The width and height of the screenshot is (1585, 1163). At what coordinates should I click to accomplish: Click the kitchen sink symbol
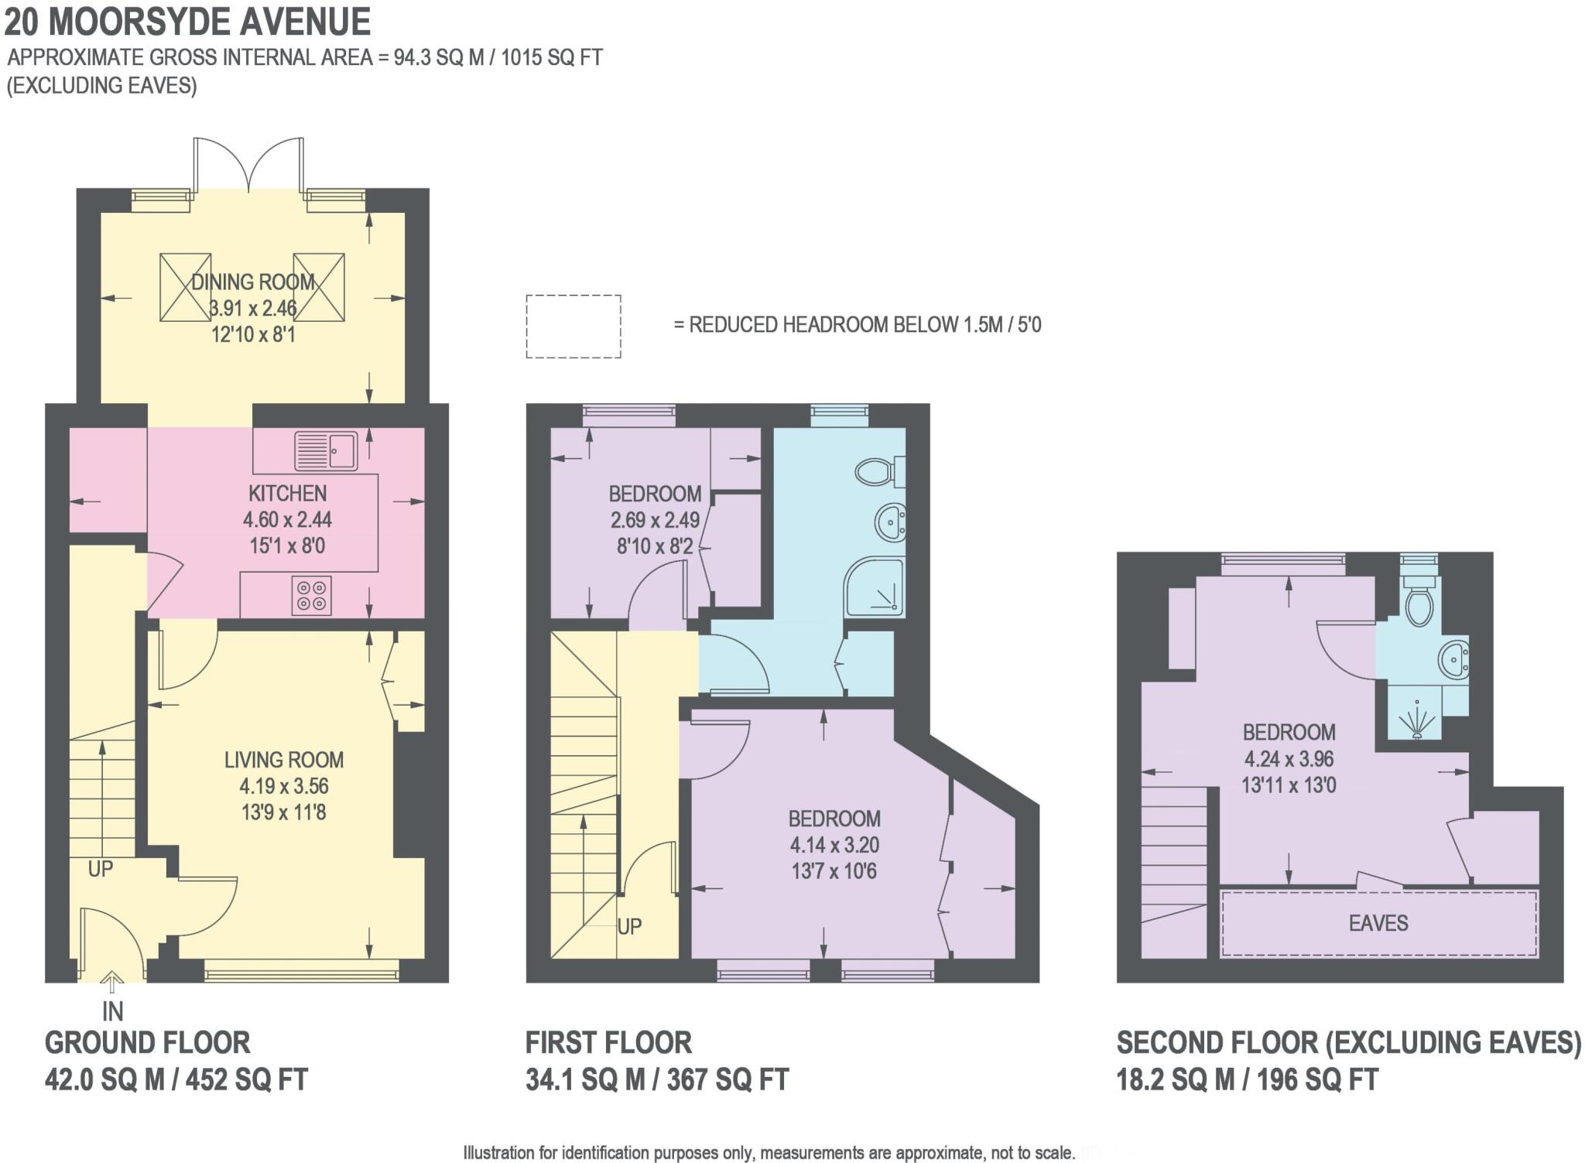tap(326, 450)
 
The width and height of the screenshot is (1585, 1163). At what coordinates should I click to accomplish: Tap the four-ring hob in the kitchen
tap(311, 595)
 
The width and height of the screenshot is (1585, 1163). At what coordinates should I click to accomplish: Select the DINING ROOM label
tap(253, 282)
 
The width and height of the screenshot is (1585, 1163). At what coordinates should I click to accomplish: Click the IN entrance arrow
tap(112, 983)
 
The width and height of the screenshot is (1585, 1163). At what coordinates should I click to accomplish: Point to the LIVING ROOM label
tap(284, 760)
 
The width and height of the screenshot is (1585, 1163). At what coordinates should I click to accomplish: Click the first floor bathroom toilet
tap(880, 470)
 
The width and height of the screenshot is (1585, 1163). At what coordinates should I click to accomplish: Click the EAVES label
tap(1378, 923)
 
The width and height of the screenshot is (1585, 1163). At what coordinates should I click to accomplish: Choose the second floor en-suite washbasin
tap(1454, 660)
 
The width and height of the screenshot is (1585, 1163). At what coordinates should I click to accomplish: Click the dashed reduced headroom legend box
tap(573, 326)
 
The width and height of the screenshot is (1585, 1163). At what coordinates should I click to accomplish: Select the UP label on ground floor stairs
tap(101, 869)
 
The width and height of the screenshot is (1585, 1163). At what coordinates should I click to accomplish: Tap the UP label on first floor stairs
tap(629, 926)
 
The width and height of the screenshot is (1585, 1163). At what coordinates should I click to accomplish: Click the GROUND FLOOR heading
tap(147, 1042)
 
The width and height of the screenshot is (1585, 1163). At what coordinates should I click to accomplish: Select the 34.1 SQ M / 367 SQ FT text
tap(657, 1079)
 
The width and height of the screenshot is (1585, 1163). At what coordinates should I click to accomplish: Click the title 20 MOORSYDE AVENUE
tap(187, 22)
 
